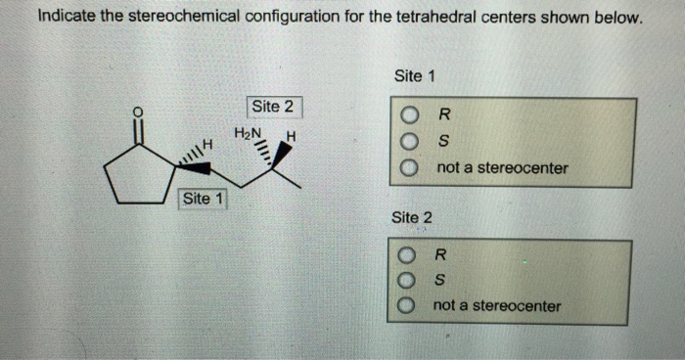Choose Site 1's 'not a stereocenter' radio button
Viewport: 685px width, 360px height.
coord(410,168)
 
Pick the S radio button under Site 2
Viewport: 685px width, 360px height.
coord(406,283)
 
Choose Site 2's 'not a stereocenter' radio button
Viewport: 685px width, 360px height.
coord(406,306)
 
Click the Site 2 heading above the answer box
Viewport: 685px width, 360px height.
coord(411,216)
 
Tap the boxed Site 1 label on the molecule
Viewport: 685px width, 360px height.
coord(204,199)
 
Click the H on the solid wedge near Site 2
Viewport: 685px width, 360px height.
coord(292,135)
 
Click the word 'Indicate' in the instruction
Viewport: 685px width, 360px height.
coord(67,19)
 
